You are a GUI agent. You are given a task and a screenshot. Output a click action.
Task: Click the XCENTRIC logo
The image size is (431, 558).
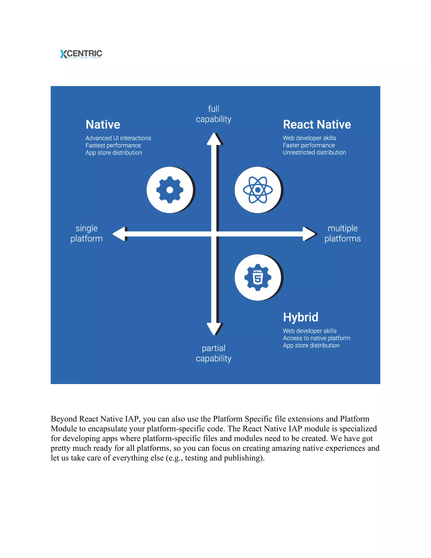pos(81,54)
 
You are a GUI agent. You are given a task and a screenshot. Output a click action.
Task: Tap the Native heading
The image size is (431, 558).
pos(103,125)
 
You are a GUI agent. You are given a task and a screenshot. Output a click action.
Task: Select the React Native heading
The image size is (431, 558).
pos(317,125)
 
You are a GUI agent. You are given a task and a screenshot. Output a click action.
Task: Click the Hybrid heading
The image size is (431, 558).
pos(301,317)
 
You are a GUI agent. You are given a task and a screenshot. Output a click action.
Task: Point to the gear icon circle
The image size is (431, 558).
pos(170,190)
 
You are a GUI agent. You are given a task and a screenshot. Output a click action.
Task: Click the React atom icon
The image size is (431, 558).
pos(258,190)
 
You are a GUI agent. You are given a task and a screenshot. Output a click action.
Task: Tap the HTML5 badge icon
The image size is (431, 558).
pos(258,278)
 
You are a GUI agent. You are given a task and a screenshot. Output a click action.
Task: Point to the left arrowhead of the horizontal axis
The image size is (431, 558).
pos(120,234)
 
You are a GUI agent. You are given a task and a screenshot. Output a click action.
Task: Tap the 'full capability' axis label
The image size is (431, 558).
pos(214,114)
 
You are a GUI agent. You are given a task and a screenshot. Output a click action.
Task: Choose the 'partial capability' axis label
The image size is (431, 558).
pos(214,353)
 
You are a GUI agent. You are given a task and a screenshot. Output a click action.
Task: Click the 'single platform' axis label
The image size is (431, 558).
pos(86,233)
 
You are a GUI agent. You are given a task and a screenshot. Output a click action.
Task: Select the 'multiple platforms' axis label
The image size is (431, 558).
pos(342,233)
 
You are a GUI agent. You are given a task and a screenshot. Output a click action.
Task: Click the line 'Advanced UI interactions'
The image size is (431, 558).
pos(118,138)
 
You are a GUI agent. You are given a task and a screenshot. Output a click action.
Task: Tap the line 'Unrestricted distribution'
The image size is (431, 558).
pos(314,152)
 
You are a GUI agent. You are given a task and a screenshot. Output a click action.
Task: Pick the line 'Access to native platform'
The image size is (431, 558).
pos(316,338)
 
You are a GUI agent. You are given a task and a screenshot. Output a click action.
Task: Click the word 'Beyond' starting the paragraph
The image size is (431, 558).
pos(64,419)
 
